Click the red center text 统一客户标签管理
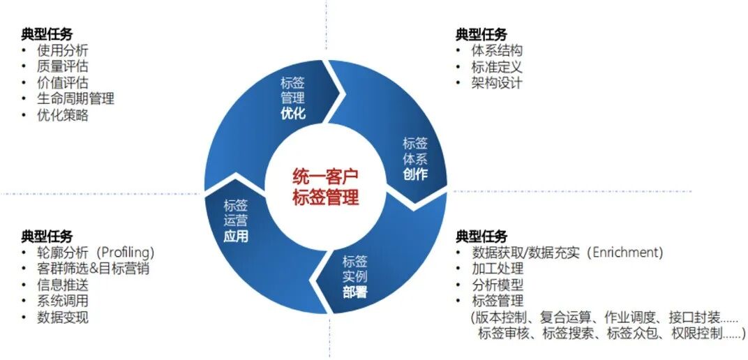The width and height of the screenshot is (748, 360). pos(325,186)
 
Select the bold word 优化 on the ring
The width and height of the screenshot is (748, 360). pos(293,114)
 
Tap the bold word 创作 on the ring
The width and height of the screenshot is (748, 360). pos(415,174)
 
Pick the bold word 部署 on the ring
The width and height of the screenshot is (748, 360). pos(354,292)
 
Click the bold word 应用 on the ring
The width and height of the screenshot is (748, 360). pos(236,236)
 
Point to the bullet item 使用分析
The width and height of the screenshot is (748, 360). pos(63,50)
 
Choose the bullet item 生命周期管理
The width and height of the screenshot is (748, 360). pos(75,99)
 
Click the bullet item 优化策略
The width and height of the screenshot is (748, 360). pos(63,116)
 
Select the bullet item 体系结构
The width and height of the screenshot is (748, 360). pos(497,50)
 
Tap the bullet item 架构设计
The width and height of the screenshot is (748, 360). pos(497,83)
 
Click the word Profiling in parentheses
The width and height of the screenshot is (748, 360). pos(126,253)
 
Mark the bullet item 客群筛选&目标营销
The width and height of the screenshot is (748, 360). pos(93,269)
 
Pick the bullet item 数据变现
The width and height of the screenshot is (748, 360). pos(63,318)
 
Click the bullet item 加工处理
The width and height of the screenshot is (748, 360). pos(497,269)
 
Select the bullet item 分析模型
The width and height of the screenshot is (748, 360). pos(497,285)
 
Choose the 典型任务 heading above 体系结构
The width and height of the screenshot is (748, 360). pos(481,34)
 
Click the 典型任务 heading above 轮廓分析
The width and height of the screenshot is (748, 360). pos(47,237)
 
